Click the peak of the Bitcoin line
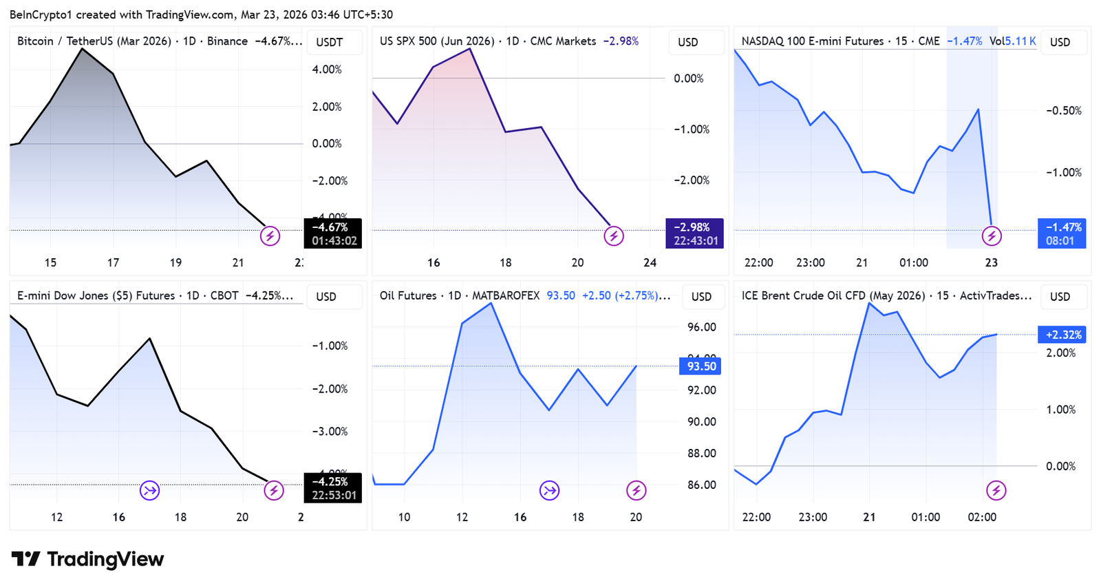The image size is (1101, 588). [82, 48]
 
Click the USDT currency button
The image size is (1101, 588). [330, 42]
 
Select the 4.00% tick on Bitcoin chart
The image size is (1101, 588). [327, 70]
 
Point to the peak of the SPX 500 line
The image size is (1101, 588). [470, 48]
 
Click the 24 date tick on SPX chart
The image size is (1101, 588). [650, 262]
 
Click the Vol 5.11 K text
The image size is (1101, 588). [1012, 41]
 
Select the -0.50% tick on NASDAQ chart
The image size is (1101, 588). [1064, 111]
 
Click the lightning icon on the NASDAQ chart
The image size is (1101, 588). [991, 236]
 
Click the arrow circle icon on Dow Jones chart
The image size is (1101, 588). [149, 490]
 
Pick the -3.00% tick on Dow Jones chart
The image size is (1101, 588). [330, 432]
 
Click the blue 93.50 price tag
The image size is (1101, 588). [701, 366]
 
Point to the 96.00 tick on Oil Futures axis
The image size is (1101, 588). [702, 327]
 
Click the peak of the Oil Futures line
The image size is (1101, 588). [491, 304]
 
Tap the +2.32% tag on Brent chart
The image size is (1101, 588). [1062, 335]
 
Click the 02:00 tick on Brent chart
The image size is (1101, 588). [982, 517]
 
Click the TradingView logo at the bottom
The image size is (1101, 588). [87, 559]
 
